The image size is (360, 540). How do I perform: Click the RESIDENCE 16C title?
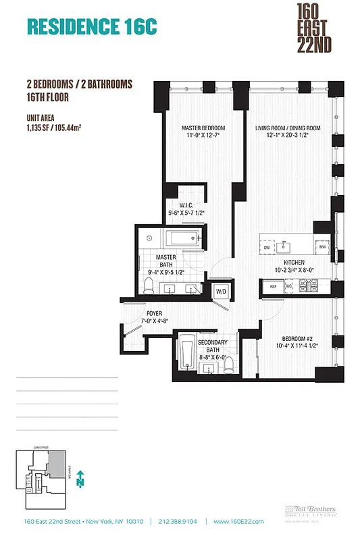coord(91,26)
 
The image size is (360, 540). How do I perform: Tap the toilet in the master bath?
coord(148,286)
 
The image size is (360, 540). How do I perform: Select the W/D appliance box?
coord(220,291)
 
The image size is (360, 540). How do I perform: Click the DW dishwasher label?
coord(267,248)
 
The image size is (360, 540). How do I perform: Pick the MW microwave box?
coord(323,248)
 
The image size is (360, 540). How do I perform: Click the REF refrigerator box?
coord(273,287)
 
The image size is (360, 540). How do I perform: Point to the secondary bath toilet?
coord(230,365)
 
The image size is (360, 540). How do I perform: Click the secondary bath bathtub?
coord(187,356)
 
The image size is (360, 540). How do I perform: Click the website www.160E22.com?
coord(238,521)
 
